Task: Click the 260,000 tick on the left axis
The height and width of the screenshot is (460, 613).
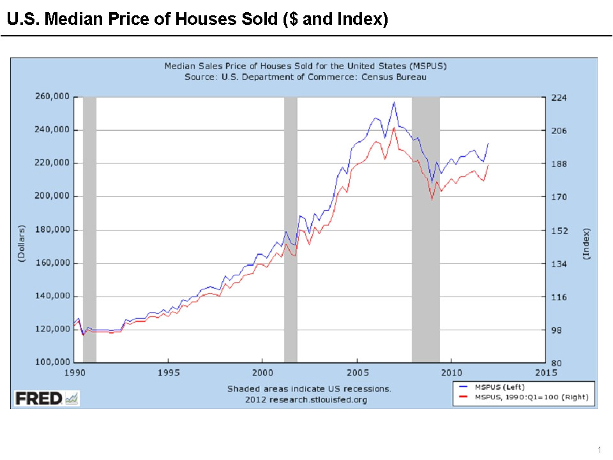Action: pos(53,97)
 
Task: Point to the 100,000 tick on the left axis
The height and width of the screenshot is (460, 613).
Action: pos(53,363)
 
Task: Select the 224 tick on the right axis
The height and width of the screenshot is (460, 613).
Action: pos(559,98)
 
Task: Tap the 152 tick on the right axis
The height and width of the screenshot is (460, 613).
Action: pos(559,231)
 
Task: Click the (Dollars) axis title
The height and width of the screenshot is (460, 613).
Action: pos(20,243)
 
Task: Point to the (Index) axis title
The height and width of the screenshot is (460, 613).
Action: pos(586,243)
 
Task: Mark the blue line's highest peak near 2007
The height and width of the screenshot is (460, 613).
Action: pos(394,102)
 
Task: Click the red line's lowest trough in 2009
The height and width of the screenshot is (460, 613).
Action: pos(432,200)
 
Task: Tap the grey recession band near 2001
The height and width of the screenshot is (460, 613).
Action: pos(291,230)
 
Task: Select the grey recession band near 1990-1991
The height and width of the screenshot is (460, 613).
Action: pos(89,230)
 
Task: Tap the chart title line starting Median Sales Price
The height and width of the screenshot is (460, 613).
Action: pos(305,66)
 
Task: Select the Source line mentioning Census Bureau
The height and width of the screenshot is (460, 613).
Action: pos(305,77)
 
